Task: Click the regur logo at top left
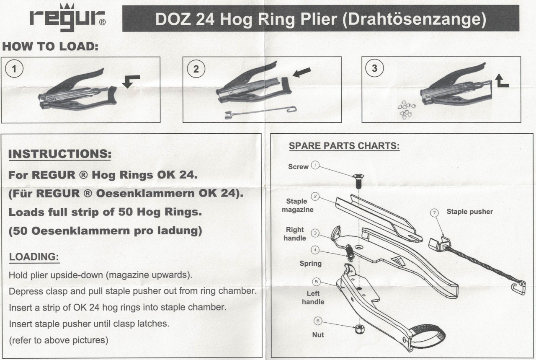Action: click(67, 18)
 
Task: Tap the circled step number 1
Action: click(14, 69)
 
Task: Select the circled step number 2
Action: click(196, 69)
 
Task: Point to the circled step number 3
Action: click(374, 68)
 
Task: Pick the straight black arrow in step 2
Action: click(302, 73)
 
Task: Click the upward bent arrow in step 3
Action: click(502, 80)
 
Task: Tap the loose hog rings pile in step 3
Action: click(406, 110)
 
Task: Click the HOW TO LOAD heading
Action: click(50, 46)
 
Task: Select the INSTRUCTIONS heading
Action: click(60, 154)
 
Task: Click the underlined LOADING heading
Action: click(34, 257)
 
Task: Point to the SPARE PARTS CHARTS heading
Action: click(344, 146)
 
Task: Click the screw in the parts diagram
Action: click(358, 181)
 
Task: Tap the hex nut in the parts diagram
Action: click(360, 329)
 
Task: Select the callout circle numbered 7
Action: click(434, 213)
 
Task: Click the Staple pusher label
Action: click(470, 212)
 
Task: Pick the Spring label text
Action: click(310, 264)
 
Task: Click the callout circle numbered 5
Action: click(316, 282)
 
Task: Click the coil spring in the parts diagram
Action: click(350, 253)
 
